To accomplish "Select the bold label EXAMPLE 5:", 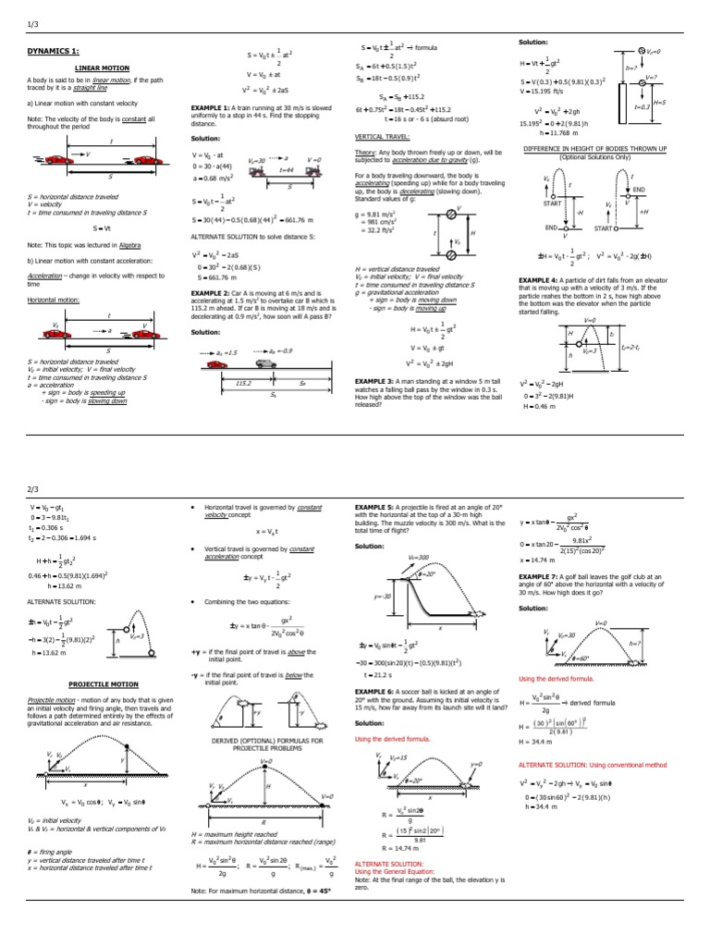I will (374, 508).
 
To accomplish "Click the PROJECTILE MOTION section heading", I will (101, 683).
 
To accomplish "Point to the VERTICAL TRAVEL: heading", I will (383, 135).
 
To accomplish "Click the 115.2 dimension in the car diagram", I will (245, 381).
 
